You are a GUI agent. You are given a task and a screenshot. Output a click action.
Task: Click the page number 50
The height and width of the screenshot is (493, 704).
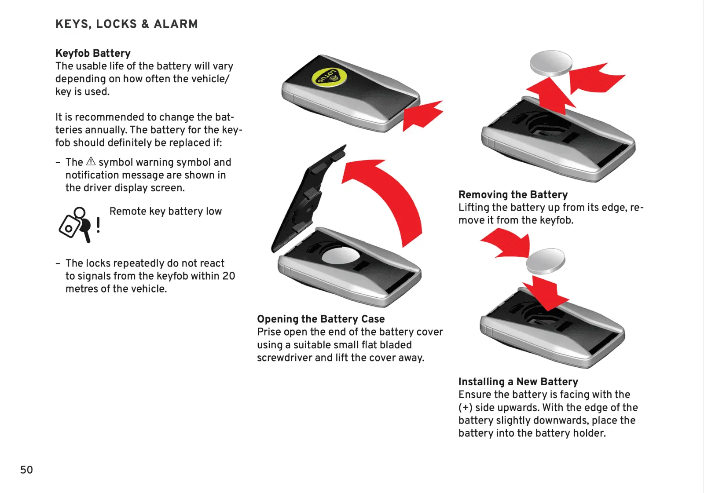26,470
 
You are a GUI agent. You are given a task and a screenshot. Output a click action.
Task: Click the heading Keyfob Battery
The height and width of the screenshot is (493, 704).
93,53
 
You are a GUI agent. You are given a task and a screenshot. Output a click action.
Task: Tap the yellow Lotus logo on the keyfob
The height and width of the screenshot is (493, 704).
329,77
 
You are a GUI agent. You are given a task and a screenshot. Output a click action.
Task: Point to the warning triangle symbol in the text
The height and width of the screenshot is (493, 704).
91,161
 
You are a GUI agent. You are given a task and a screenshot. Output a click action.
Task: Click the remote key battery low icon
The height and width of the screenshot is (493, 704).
75,224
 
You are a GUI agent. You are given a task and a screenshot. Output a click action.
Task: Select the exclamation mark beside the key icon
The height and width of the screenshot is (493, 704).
98,225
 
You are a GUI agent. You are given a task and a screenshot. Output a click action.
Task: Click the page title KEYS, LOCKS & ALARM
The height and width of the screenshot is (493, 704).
126,24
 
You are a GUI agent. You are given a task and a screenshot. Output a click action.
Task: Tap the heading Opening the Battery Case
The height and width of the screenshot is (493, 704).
321,319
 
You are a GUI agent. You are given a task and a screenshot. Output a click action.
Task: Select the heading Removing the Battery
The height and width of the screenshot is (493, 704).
513,194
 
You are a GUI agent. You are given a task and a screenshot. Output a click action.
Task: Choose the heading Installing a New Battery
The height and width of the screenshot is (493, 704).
518,381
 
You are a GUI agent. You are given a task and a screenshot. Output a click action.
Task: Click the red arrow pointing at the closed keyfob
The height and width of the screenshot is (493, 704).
422,115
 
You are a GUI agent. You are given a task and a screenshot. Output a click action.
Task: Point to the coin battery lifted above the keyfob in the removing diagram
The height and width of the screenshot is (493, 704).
551,63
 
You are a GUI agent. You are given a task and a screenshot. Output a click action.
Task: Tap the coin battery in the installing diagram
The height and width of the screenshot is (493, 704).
546,261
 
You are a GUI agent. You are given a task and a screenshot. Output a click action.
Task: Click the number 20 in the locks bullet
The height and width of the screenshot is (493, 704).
228,276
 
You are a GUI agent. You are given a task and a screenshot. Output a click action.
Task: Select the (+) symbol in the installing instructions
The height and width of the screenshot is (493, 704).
465,407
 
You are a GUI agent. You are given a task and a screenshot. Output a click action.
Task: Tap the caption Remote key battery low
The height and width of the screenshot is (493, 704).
165,211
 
